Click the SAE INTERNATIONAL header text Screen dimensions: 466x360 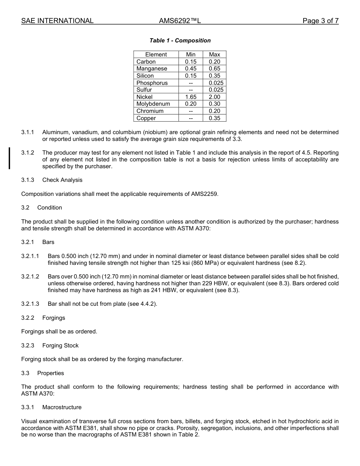57,21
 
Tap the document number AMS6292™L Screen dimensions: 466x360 180,21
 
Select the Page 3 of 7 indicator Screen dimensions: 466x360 320,21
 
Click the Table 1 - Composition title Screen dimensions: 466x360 180,41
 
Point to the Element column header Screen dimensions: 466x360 156,55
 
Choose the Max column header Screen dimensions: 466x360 214,55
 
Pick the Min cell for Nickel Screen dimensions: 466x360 191,97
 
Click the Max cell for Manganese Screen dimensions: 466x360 214,69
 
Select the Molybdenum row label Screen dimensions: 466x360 153,104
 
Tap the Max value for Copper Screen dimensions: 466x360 214,118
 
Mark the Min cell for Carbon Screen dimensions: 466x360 191,62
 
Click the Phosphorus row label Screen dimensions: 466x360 152,83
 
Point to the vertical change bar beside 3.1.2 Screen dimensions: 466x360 9,158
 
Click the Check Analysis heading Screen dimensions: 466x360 62,180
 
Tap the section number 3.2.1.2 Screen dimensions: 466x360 30,277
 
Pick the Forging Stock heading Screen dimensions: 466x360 60,346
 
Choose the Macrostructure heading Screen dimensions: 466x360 62,407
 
